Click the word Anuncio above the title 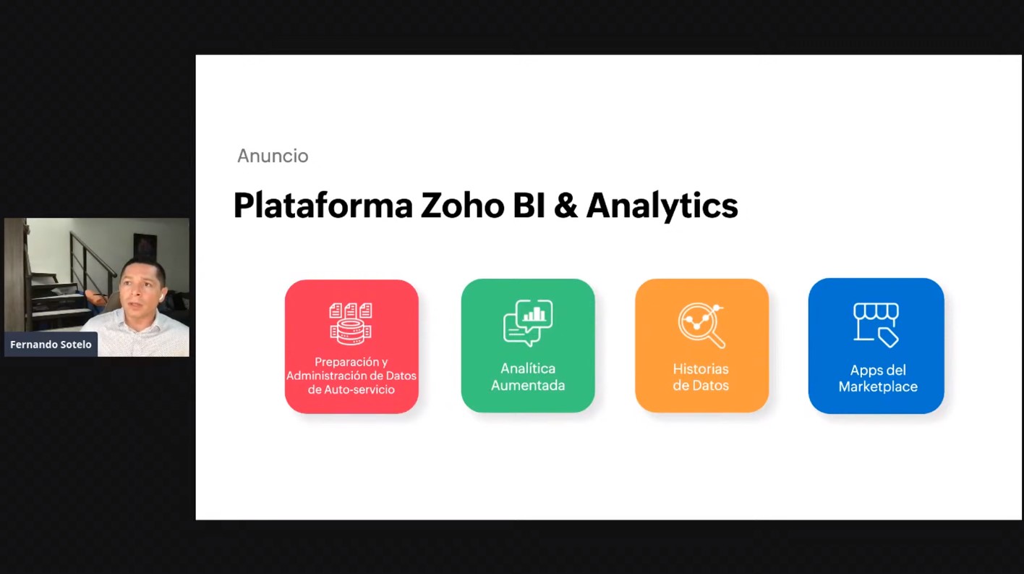[x=273, y=156]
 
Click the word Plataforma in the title [x=323, y=206]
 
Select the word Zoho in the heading [x=463, y=206]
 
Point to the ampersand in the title [x=566, y=206]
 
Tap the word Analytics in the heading [x=662, y=206]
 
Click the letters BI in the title [x=529, y=206]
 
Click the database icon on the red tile [x=351, y=324]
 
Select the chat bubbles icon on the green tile [x=528, y=323]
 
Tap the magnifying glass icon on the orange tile [x=701, y=326]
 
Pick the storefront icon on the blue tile [x=876, y=324]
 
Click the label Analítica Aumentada [x=528, y=376]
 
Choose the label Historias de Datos [x=701, y=377]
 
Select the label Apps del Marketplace [x=878, y=378]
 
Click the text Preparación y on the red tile [x=351, y=362]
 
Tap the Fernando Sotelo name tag [x=51, y=345]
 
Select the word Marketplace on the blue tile [x=878, y=387]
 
